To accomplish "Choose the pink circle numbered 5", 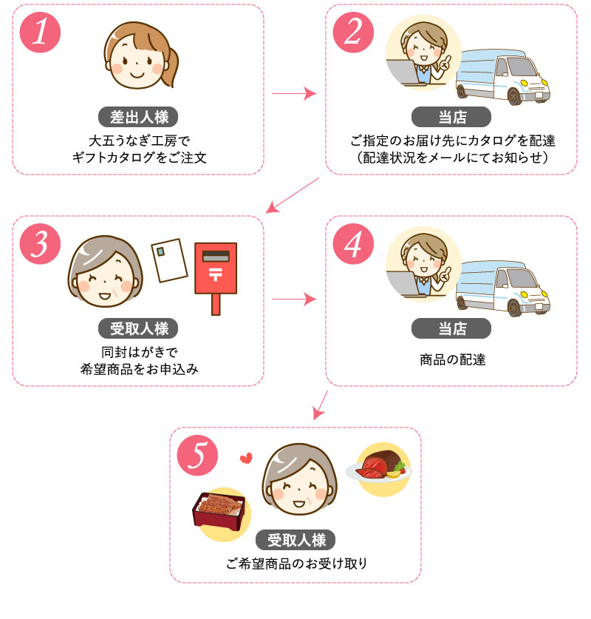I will coord(197,456).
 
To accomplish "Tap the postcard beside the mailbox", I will coord(168,260).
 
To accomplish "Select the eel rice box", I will coord(219,510).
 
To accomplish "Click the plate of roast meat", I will coord(380,465).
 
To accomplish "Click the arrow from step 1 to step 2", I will coord(293,94).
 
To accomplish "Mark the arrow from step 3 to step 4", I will coord(293,300).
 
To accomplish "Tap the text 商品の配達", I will coord(451,360).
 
